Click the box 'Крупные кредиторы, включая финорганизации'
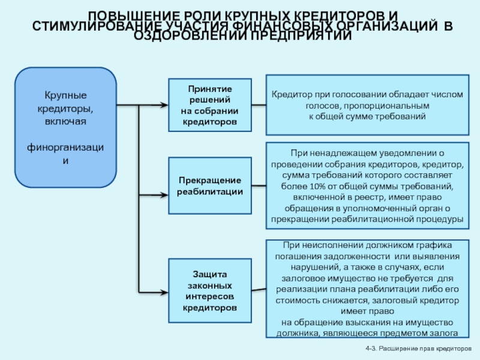tap(65, 127)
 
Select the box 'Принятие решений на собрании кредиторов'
tap(209, 105)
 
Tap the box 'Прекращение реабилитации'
tap(209, 185)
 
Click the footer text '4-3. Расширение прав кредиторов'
tap(418, 349)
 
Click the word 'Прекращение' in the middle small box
tap(209, 180)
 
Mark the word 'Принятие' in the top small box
tap(209, 89)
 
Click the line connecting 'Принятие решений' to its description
tap(259, 106)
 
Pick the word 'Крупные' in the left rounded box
tap(65, 95)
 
